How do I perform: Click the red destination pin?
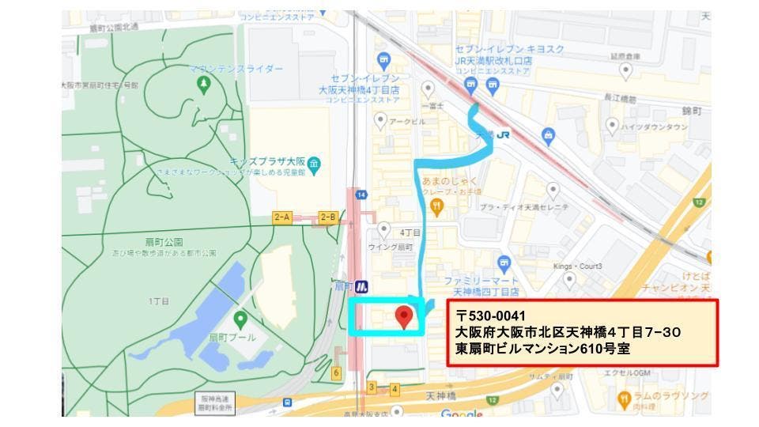405,317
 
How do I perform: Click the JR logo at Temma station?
504,134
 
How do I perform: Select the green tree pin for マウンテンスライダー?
204,85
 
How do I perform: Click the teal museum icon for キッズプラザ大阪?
315,164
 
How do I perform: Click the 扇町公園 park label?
163,242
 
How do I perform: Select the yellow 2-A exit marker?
282,216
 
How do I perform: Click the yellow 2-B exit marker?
328,216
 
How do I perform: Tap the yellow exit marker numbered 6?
337,372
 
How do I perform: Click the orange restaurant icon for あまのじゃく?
436,206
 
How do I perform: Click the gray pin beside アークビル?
380,121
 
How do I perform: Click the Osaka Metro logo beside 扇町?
361,286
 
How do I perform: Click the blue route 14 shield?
361,195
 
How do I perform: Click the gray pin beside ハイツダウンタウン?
612,126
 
